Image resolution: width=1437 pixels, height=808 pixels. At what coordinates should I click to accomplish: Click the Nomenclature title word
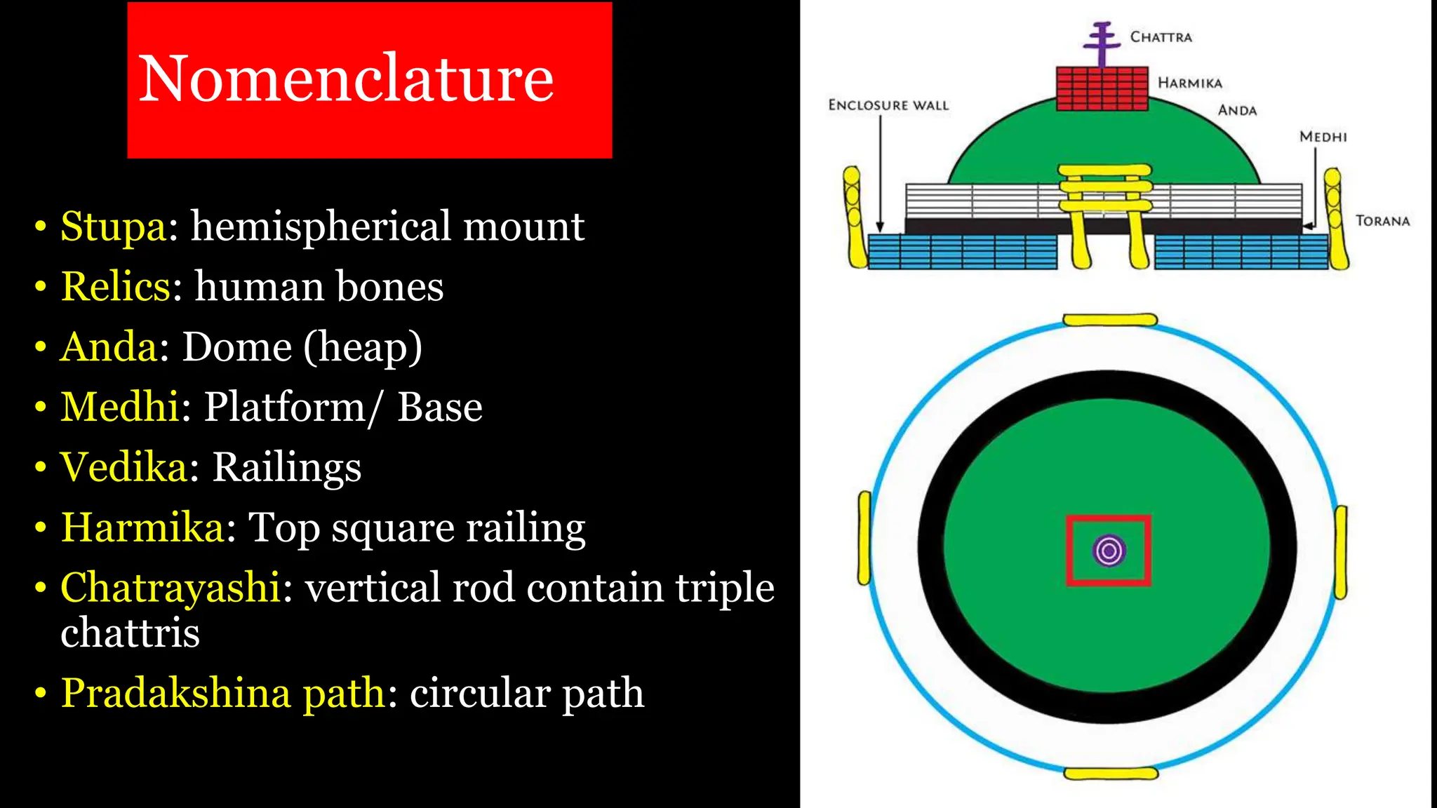coord(347,78)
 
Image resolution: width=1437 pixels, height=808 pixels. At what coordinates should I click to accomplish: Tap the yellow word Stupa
coord(113,226)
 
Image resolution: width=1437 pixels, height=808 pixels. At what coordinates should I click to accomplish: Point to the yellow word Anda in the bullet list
coord(109,346)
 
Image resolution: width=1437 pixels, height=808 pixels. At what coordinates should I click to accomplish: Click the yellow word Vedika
coord(123,467)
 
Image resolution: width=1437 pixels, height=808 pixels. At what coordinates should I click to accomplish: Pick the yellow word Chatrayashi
coord(171,587)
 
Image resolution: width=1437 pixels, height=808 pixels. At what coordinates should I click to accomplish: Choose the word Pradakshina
coord(175,693)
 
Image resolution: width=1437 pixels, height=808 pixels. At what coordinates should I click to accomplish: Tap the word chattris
coord(130,633)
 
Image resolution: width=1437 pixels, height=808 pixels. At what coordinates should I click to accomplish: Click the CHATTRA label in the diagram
coord(1161,37)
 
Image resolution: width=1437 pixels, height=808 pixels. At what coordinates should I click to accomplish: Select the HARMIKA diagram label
coord(1189,83)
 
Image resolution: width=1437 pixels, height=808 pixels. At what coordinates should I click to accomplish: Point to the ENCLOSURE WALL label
coord(888,105)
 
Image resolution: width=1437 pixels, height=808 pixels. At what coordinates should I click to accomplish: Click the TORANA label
coord(1382,221)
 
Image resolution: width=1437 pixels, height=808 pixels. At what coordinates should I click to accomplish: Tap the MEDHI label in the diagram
coord(1323,137)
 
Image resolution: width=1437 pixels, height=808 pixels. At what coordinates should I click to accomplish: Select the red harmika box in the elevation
coord(1102,89)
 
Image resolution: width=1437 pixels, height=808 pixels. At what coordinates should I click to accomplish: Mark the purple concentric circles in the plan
coord(1109,551)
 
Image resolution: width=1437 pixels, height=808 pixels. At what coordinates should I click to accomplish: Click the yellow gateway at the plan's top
coord(1109,320)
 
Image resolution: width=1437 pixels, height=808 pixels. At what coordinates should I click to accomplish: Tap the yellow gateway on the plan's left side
coord(864,538)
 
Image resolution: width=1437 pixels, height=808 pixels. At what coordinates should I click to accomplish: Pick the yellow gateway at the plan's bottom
coord(1110,774)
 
